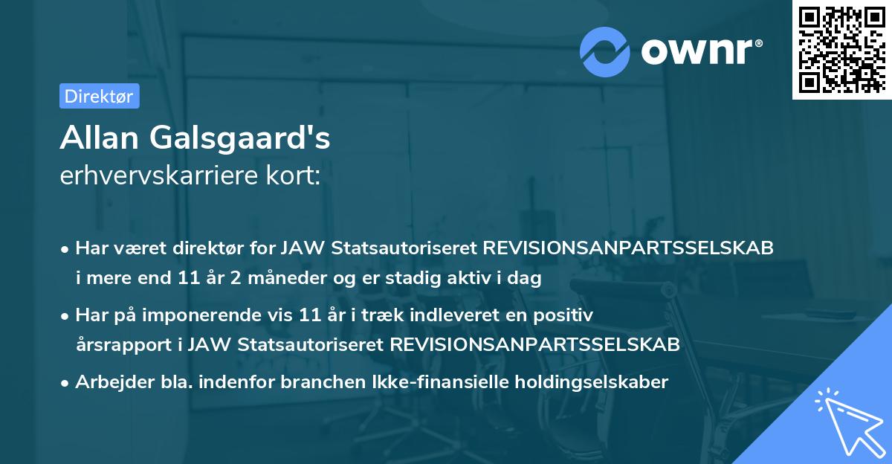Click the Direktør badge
point(99,96)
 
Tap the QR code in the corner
point(841,50)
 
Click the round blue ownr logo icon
point(605,51)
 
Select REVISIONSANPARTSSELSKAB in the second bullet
point(534,344)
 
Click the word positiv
point(568,315)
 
